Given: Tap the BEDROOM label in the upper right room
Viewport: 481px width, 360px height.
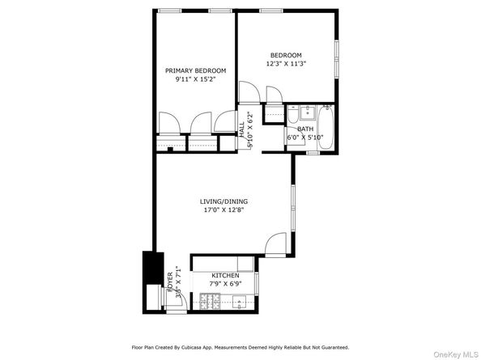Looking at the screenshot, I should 286,54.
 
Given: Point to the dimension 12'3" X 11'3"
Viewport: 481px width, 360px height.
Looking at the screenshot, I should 286,64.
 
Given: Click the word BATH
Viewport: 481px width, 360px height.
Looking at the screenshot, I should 304,129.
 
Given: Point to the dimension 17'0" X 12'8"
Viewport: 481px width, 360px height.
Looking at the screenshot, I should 224,210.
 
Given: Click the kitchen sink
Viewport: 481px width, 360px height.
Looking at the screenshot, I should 241,304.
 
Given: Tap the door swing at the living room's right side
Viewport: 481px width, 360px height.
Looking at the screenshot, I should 277,244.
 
